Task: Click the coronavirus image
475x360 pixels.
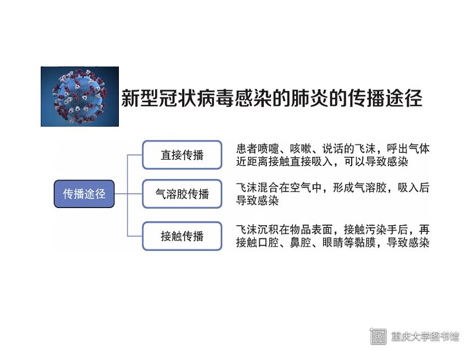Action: pos(80,96)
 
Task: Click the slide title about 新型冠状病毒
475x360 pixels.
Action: pos(272,98)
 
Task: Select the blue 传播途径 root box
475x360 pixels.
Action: pos(84,194)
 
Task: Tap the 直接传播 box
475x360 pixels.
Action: pos(182,155)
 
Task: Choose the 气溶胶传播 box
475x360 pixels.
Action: pos(182,194)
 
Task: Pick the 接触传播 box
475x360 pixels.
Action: pos(182,236)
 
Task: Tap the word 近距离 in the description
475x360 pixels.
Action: pos(252,161)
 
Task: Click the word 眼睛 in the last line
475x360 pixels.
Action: pos(332,242)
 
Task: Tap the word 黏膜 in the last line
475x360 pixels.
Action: pos(365,242)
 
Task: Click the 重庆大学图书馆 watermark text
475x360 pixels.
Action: pos(425,336)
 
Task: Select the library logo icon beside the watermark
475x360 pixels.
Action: pos(378,336)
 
